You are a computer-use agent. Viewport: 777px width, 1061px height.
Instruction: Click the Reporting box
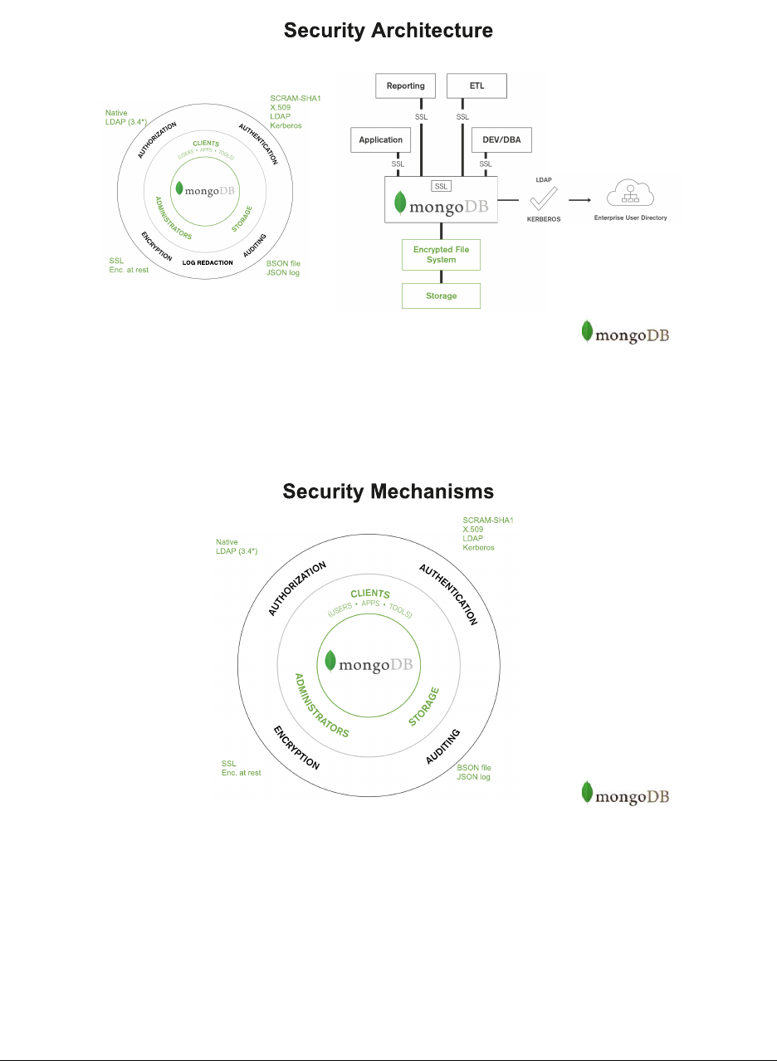406,86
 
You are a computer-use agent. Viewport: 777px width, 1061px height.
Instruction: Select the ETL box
476,86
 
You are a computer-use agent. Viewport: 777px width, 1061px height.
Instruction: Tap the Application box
381,140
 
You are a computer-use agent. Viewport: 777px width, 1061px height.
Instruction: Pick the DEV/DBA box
501,140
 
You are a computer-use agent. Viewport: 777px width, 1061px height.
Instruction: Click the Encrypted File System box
441,254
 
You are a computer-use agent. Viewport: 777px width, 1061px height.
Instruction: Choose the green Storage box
441,296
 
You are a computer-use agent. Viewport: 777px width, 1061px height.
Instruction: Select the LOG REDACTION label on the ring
208,262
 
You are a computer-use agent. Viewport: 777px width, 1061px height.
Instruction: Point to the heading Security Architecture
388,32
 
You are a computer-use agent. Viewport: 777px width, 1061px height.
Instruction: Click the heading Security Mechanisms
388,491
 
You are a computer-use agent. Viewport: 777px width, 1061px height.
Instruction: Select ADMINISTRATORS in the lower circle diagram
321,705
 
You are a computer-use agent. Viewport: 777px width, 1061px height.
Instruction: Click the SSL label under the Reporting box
421,117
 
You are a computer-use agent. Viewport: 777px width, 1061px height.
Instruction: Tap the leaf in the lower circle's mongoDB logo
330,661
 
